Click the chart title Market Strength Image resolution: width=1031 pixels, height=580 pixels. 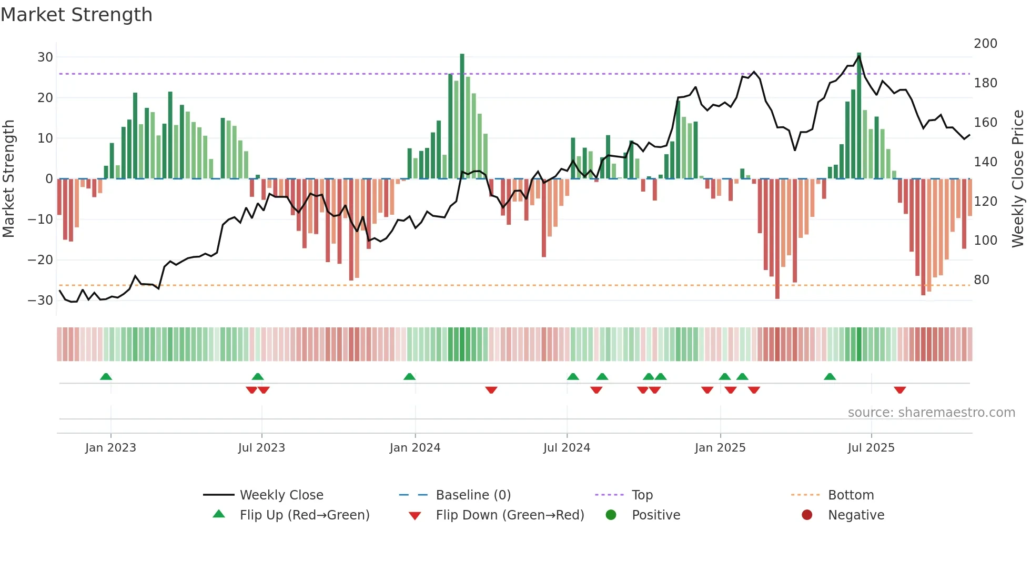point(76,15)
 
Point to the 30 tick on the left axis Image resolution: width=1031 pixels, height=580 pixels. point(45,57)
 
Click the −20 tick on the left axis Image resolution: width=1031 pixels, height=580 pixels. point(41,259)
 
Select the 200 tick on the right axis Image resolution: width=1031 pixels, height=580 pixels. point(985,43)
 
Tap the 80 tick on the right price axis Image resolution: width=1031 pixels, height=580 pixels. point(982,279)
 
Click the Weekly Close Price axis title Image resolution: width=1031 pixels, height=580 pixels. point(1018,179)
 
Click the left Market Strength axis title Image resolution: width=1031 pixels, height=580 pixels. point(9,179)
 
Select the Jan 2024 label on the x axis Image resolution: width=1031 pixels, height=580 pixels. point(415,448)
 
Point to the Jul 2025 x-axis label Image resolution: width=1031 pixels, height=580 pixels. point(871,448)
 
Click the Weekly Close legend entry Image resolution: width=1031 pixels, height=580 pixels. point(281,495)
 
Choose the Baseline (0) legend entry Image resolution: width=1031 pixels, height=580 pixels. point(473,495)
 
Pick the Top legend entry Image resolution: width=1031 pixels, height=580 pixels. point(642,495)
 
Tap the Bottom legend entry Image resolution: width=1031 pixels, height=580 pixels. point(851,495)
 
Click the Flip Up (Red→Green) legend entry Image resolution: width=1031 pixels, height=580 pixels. point(305,515)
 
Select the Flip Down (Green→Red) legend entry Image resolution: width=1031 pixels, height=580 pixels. point(510,515)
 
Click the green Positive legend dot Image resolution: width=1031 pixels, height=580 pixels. point(611,515)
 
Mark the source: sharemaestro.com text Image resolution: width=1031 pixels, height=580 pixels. point(931,413)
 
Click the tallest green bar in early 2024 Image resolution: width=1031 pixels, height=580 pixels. point(462,116)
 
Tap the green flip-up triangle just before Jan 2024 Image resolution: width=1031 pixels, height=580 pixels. point(409,376)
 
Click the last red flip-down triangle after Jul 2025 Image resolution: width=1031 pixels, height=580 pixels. point(899,390)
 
